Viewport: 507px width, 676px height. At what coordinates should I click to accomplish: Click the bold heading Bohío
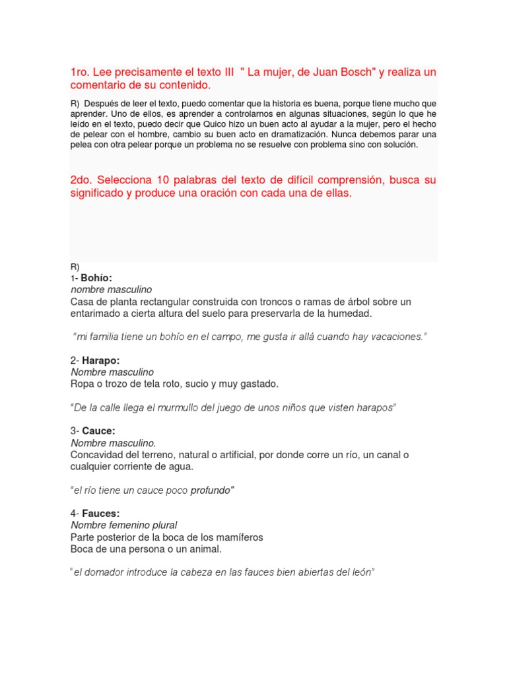coord(96,278)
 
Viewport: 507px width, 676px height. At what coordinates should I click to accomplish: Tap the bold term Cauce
coord(98,431)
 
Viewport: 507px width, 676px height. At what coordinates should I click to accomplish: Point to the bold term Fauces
coord(101,513)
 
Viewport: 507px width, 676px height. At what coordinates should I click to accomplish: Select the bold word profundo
coord(213,490)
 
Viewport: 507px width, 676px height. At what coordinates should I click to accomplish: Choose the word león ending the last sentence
coord(362,572)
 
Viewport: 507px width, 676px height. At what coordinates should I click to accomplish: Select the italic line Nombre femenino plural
coord(124,525)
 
